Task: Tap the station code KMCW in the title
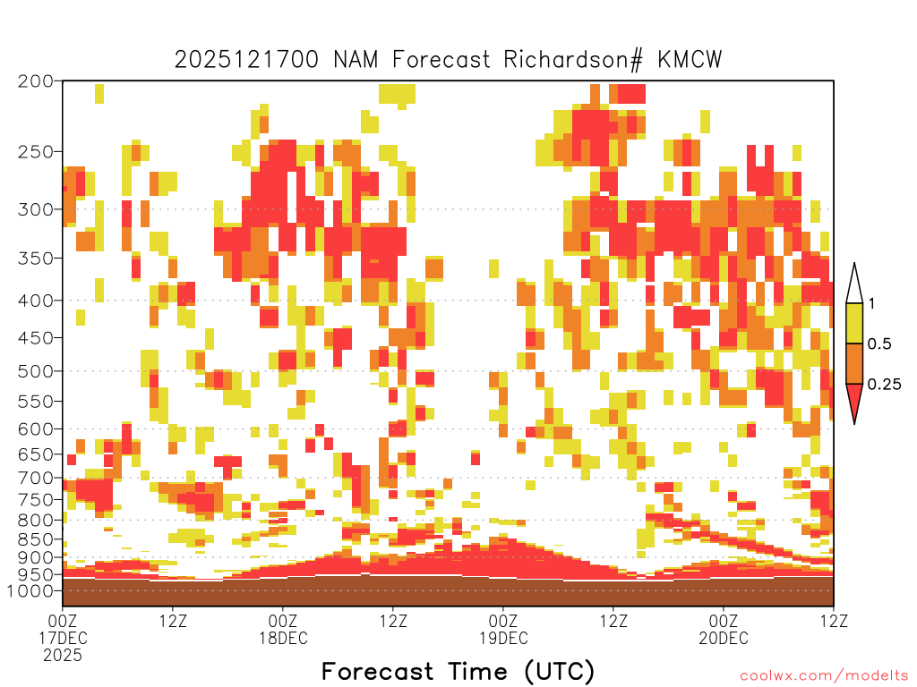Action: point(690,60)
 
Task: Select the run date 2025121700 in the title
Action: point(247,60)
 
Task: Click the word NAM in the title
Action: point(356,60)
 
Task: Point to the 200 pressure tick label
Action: point(35,81)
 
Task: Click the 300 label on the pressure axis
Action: point(35,209)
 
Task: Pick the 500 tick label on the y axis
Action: point(35,371)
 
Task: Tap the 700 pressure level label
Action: point(35,478)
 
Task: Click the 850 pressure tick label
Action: point(35,539)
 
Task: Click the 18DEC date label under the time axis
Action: point(283,638)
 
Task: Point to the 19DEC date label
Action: point(503,638)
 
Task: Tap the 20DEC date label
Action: point(724,638)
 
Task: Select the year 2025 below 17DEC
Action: point(63,656)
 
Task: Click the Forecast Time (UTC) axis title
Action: point(458,672)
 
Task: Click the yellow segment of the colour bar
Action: point(854,323)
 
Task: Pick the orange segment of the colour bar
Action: point(854,363)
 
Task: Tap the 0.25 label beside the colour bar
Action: point(884,384)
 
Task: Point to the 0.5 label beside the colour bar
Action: point(879,343)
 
